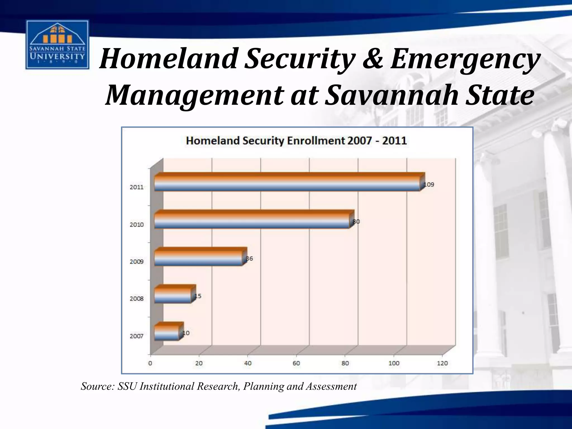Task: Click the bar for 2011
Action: coord(288,183)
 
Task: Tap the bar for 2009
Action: coord(199,258)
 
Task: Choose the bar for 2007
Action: coord(167,332)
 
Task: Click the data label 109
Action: coord(429,185)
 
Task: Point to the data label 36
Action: coord(249,259)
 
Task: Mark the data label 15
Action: coord(198,296)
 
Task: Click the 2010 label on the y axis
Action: coord(137,225)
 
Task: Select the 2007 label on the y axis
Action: coord(137,336)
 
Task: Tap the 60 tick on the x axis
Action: coord(296,363)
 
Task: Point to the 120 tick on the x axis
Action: coord(442,363)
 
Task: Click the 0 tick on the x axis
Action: coord(150,363)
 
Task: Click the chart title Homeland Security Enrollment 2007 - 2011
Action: coord(296,140)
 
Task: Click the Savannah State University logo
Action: coord(57,45)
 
